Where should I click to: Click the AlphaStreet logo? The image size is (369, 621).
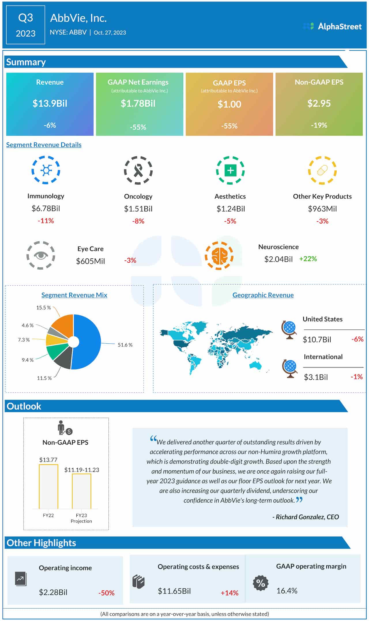332,26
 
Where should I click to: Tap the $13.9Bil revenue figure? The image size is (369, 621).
50,103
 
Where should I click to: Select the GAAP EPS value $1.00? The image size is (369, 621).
229,104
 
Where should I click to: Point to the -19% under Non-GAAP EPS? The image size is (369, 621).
319,125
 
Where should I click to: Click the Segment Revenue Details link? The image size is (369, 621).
44,145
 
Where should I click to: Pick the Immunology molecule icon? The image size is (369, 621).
46,170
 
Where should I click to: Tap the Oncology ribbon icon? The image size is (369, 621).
138,171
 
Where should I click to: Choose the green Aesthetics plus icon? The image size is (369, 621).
230,171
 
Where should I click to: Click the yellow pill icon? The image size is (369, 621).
322,171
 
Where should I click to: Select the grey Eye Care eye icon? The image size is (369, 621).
41,255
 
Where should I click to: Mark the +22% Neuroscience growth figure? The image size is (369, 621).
308,259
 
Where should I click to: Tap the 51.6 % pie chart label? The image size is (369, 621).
125,345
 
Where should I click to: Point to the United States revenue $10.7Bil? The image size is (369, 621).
317,340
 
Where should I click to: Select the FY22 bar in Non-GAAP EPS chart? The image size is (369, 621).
48,486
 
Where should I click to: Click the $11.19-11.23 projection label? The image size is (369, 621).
82,470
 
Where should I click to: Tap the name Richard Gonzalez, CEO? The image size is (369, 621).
307,517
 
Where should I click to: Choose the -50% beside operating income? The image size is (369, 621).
106,593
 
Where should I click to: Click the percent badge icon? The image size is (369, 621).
261,583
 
